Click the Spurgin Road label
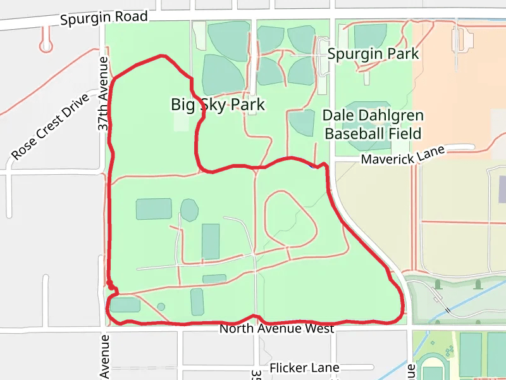[x=104, y=18]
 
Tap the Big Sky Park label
[x=218, y=104]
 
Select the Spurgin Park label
[x=373, y=54]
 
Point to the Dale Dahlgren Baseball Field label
[x=373, y=125]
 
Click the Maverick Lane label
[x=403, y=155]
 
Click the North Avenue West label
[x=276, y=329]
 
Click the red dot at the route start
[x=110, y=285]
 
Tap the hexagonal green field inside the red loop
[x=189, y=210]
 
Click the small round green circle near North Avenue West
[x=161, y=307]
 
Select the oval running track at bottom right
[x=433, y=369]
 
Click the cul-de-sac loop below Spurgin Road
[x=46, y=46]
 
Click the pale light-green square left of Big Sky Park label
[x=182, y=121]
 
